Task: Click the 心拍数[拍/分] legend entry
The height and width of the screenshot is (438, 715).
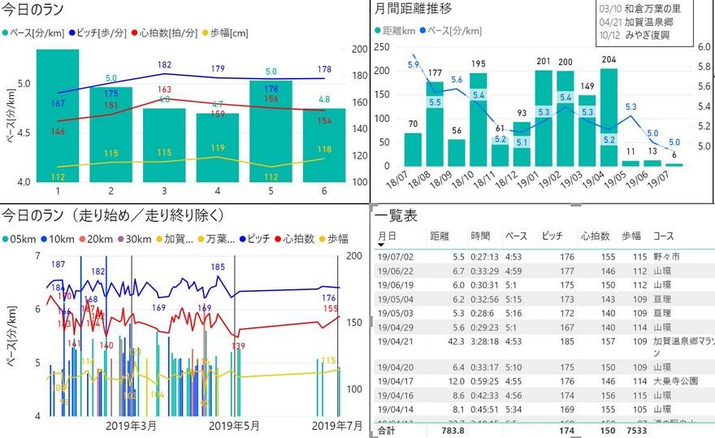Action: coord(168,33)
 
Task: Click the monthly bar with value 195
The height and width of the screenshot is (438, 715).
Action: coord(478,119)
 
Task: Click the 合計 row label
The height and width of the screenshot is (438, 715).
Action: coord(388,431)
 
